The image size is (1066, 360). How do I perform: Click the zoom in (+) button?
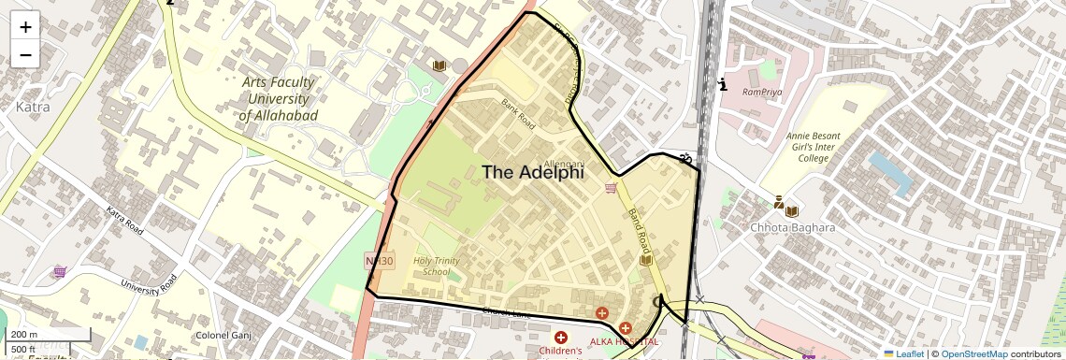pyautogui.click(x=25, y=26)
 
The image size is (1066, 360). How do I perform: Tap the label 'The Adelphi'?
pyautogui.click(x=532, y=172)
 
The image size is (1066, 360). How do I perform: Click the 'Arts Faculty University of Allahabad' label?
pyautogui.click(x=278, y=98)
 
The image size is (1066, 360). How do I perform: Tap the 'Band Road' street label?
pyautogui.click(x=639, y=230)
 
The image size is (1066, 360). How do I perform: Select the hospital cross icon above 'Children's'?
pyautogui.click(x=561, y=337)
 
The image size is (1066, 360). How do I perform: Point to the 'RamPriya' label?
pyautogui.click(x=760, y=92)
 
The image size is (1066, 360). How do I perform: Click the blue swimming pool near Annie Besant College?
pyautogui.click(x=890, y=174)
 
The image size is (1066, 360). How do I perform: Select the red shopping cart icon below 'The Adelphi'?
pyautogui.click(x=611, y=189)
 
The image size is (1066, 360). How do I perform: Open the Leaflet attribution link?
pyautogui.click(x=903, y=353)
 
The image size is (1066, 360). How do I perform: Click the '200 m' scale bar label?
pyautogui.click(x=24, y=335)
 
